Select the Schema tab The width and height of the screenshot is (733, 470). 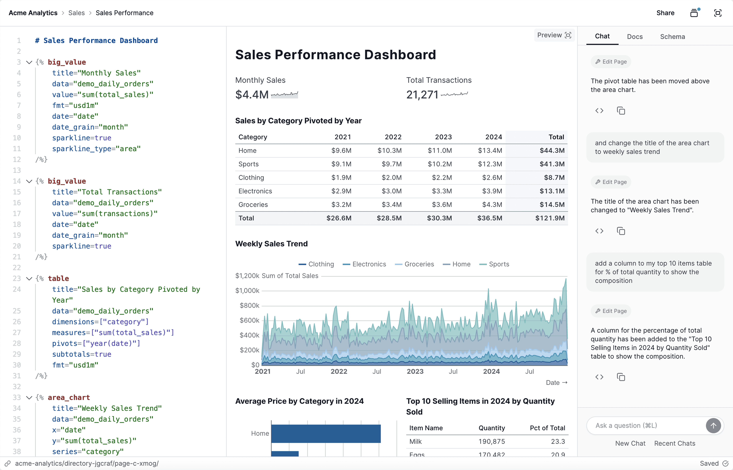click(x=672, y=37)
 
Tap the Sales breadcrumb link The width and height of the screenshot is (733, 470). click(x=76, y=13)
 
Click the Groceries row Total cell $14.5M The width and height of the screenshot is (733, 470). click(x=552, y=204)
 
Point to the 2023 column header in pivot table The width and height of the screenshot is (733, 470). click(x=443, y=137)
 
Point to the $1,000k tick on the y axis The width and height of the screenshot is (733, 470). click(x=247, y=291)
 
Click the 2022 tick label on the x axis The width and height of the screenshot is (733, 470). click(x=339, y=371)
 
